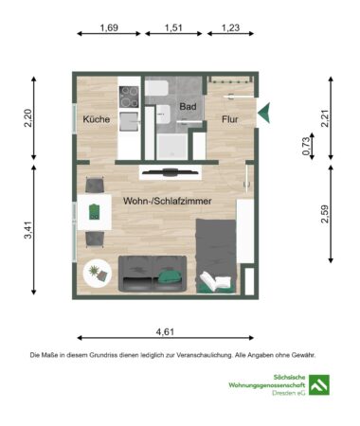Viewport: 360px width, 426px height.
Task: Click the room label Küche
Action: (x=95, y=120)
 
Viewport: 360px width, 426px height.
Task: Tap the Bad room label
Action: (x=188, y=107)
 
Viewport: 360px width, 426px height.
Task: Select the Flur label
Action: (x=230, y=120)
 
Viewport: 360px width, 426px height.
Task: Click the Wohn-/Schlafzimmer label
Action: (x=167, y=201)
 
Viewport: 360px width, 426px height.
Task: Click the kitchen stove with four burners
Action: (x=129, y=94)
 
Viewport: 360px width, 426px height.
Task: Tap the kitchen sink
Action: (x=129, y=119)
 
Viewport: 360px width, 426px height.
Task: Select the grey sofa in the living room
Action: (x=152, y=273)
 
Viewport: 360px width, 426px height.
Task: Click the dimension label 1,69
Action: (x=109, y=28)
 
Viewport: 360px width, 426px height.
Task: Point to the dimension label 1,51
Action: (x=173, y=28)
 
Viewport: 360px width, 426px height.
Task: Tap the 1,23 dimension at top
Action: (x=230, y=28)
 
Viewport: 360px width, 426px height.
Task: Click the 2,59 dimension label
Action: (x=325, y=215)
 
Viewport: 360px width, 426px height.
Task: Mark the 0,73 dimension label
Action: (x=305, y=147)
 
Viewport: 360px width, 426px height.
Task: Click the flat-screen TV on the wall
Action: (x=169, y=171)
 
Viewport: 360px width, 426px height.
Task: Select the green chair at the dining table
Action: (x=96, y=210)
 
